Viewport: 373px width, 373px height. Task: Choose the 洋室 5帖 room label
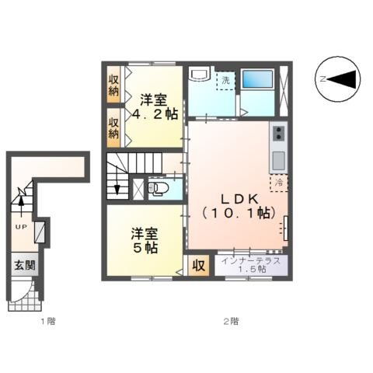pyautogui.click(x=145, y=239)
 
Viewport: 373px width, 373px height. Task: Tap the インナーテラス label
pyautogui.click(x=251, y=263)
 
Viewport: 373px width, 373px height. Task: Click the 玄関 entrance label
pyautogui.click(x=21, y=264)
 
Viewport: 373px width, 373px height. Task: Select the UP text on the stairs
pyautogui.click(x=19, y=227)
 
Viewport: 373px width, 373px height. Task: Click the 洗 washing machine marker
pyautogui.click(x=226, y=80)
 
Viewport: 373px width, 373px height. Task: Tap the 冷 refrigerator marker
pyautogui.click(x=279, y=183)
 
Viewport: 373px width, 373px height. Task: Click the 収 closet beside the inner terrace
pyautogui.click(x=199, y=265)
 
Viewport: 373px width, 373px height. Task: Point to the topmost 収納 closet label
pyautogui.click(x=113, y=86)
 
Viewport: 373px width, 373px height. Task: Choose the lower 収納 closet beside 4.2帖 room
pyautogui.click(x=113, y=127)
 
